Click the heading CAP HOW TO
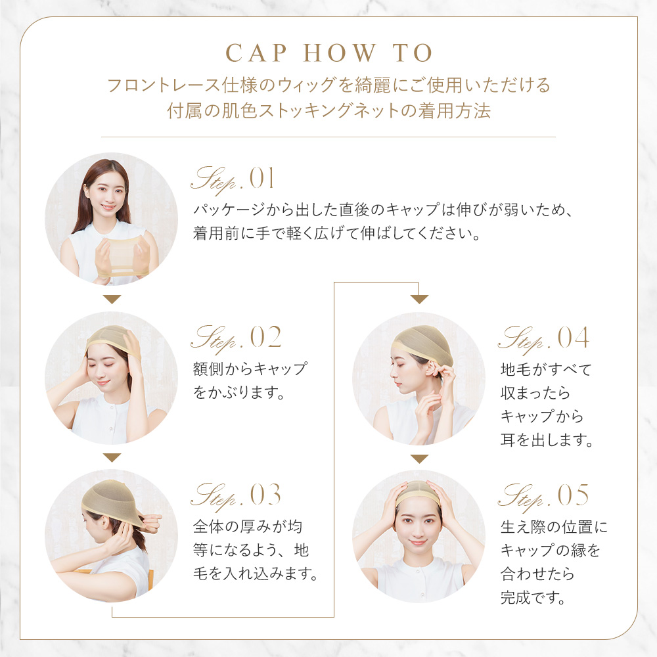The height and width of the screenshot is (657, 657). tap(328, 53)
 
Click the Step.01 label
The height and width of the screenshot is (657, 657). tap(233, 179)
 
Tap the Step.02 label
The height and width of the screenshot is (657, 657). tap(236, 338)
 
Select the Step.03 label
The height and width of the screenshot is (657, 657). tap(236, 496)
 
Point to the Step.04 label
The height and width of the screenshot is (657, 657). tap(543, 338)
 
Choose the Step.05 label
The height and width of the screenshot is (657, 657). tap(543, 496)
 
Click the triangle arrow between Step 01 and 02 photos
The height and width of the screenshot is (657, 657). tap(112, 299)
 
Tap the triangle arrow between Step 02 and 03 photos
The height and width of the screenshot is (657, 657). tap(112, 457)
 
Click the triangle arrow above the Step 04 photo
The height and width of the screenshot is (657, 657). tap(419, 299)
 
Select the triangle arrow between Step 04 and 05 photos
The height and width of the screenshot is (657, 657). tap(419, 459)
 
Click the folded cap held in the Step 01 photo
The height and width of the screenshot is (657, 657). tap(123, 256)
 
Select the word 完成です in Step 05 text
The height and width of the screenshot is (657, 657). tap(533, 597)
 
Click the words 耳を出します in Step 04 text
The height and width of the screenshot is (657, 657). tap(547, 440)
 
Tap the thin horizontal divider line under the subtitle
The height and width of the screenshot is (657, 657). tap(328, 137)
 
